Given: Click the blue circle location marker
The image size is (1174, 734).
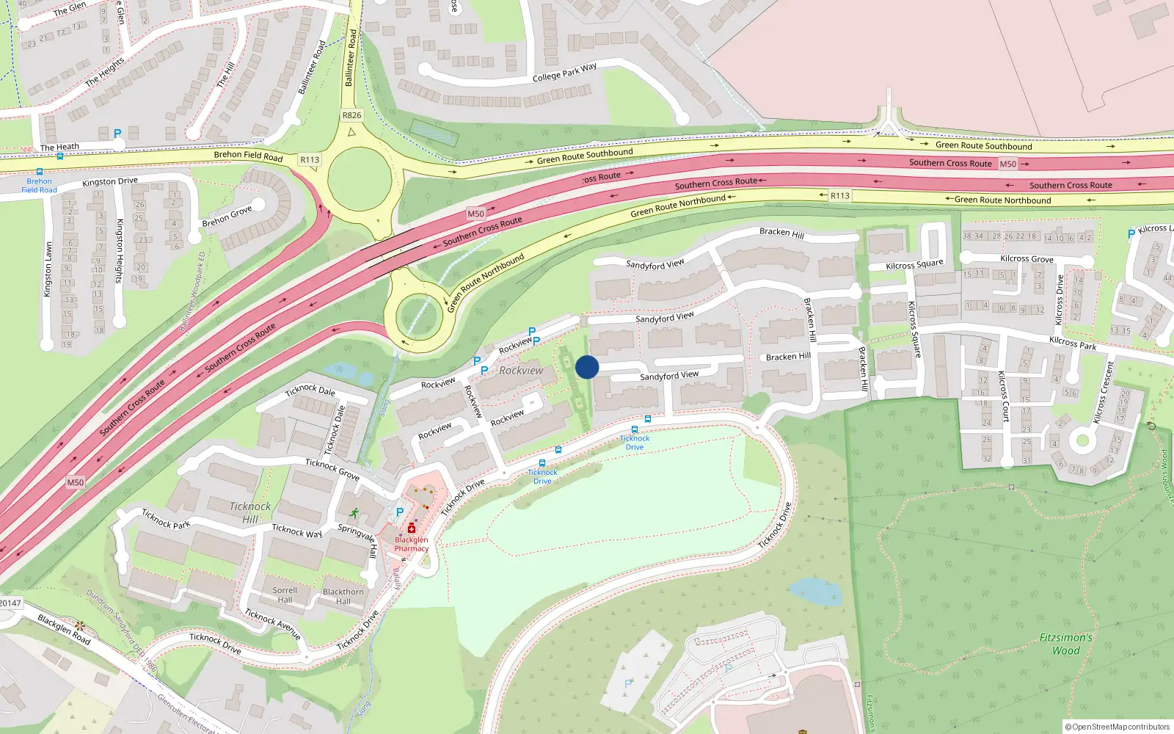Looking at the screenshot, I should [x=587, y=367].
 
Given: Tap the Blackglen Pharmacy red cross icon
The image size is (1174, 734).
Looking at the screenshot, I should [x=412, y=528].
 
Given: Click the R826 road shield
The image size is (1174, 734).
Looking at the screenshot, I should [x=351, y=115].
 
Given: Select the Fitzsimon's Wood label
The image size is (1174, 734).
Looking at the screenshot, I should [x=1066, y=644].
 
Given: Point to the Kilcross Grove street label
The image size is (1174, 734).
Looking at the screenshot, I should [x=1027, y=259].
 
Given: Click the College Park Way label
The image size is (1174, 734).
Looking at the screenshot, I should [x=564, y=73].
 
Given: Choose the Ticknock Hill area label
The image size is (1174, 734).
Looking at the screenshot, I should [x=250, y=512].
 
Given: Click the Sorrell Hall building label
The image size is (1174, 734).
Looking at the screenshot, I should [x=285, y=595].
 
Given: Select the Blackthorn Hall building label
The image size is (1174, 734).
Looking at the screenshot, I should [x=343, y=596].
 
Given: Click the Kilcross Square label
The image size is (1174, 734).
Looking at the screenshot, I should [x=914, y=265].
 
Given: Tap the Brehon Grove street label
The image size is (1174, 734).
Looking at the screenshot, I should [x=227, y=217].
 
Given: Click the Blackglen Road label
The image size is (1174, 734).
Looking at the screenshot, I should [x=64, y=630].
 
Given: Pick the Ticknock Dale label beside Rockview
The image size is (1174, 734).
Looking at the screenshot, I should [x=310, y=390].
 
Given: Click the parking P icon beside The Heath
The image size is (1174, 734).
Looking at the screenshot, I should [x=117, y=134].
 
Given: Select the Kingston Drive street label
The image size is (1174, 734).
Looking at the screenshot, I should [x=110, y=181].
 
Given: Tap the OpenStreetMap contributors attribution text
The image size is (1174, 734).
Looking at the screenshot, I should [x=1117, y=727].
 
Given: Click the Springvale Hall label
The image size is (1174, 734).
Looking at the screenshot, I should [x=357, y=540].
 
